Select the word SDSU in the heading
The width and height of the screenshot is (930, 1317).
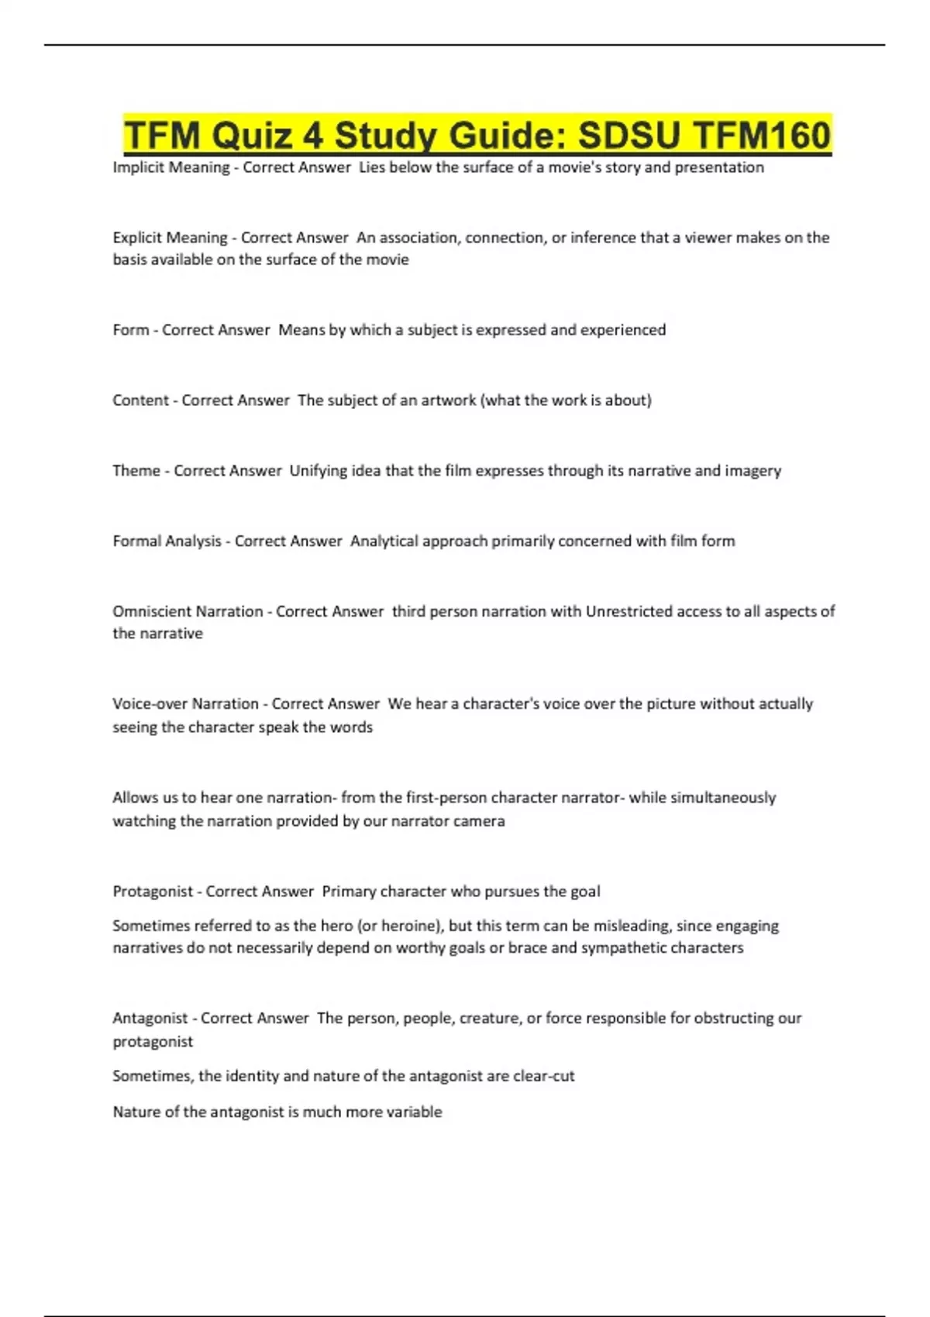click(x=629, y=136)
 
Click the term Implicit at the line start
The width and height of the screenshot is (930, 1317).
click(x=139, y=167)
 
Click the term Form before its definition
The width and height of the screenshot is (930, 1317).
click(x=130, y=330)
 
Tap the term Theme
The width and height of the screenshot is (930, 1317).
click(x=136, y=471)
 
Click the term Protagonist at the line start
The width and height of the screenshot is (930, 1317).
click(x=153, y=892)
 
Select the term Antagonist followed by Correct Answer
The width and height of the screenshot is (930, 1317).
click(x=150, y=1018)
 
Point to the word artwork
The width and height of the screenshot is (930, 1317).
click(x=448, y=401)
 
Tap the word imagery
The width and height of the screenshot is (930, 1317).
click(x=753, y=471)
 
